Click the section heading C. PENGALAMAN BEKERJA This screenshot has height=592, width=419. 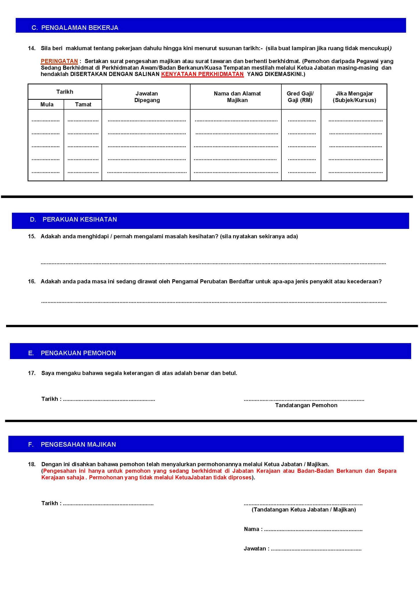tap(75, 28)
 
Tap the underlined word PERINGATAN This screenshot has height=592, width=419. tap(59, 61)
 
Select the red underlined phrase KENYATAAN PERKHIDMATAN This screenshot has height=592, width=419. tap(202, 74)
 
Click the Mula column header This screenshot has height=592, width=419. tap(47, 104)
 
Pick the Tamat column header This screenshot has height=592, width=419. tap(83, 104)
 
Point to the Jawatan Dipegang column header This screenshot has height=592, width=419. tap(147, 97)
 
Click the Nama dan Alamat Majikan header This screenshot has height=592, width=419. tap(237, 97)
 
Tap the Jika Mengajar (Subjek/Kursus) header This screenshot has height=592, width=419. tap(354, 97)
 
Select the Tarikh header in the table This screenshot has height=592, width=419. tap(65, 92)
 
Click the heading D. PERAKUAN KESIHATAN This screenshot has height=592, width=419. tap(73, 219)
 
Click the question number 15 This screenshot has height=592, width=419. tap(32, 236)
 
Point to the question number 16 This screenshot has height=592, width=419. tap(32, 282)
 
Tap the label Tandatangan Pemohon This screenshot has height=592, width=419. tap(306, 405)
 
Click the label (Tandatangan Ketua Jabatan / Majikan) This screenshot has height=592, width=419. tap(304, 510)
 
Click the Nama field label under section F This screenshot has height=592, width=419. tap(253, 529)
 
